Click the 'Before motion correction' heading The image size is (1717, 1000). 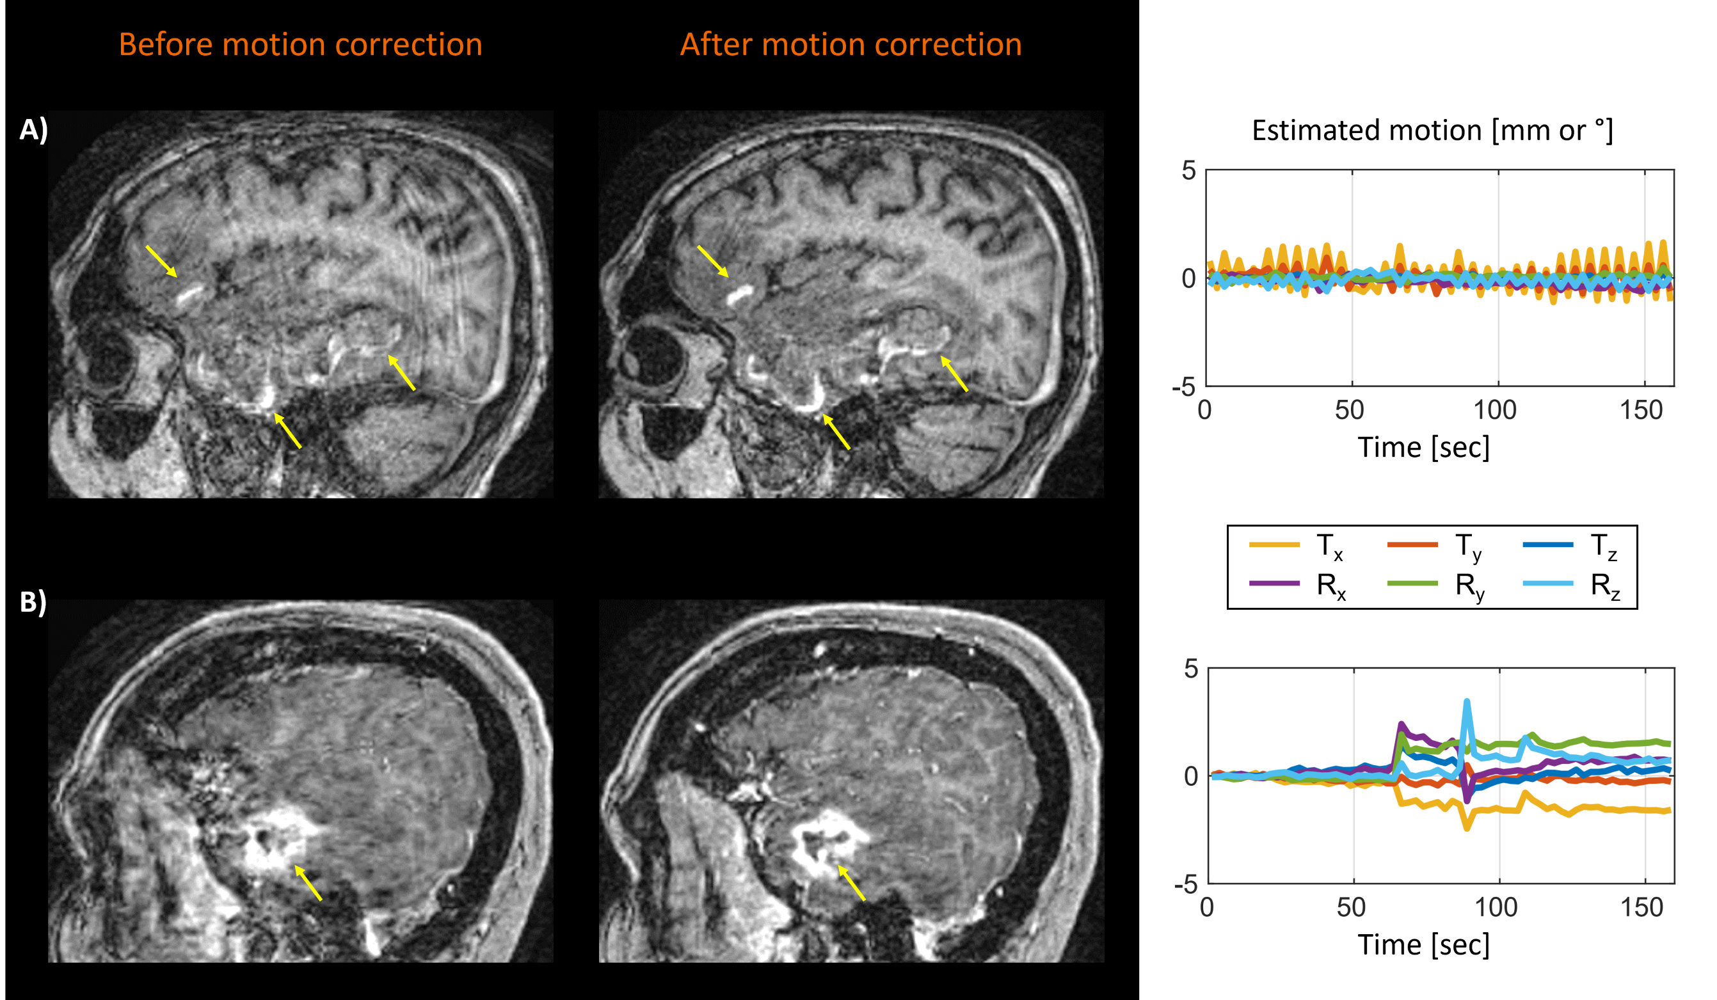point(301,44)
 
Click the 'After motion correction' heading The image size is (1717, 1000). point(851,44)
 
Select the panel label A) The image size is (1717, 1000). point(33,129)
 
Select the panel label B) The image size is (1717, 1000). point(33,601)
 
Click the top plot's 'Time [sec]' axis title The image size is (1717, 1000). point(1423,448)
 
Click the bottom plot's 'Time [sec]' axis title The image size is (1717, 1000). point(1423,945)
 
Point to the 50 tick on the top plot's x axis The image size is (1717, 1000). point(1349,410)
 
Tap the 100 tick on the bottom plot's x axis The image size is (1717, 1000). point(1496,907)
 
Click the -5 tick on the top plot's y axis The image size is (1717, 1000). point(1183,388)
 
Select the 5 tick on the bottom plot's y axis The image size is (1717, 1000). point(1190,669)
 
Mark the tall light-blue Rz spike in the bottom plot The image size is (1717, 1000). point(1466,705)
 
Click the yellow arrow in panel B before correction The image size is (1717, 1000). point(308,882)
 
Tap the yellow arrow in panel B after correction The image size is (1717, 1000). point(852,883)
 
